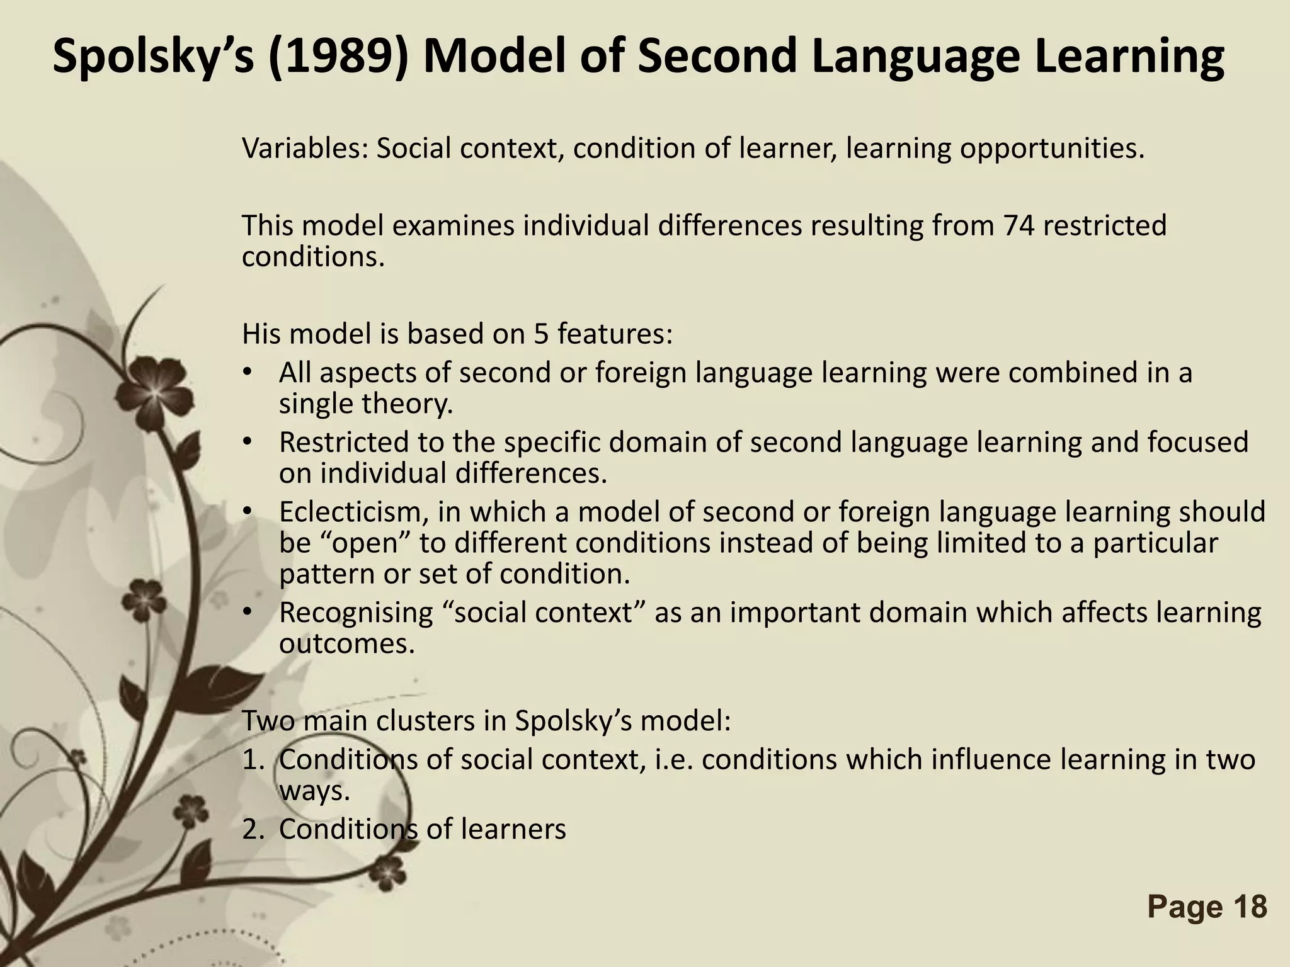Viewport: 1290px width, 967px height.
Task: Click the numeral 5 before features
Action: tap(542, 334)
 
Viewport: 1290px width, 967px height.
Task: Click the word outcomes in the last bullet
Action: tap(347, 643)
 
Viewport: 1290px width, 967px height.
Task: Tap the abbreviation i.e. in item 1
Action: tap(675, 761)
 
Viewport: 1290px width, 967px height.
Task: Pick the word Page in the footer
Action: tap(1180, 907)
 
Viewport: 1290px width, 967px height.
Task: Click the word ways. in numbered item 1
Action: tap(314, 791)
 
